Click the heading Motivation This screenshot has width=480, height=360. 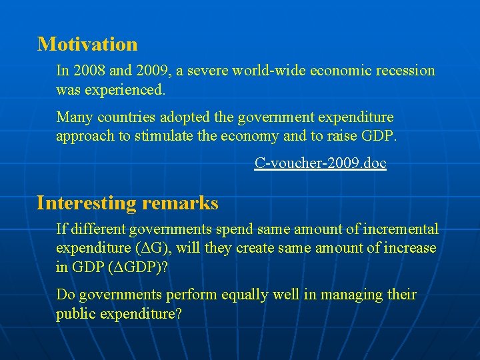pyautogui.click(x=87, y=44)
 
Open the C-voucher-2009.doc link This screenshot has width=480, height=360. pyautogui.click(x=320, y=163)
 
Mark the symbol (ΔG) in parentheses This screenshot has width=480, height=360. pyautogui.click(x=148, y=248)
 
